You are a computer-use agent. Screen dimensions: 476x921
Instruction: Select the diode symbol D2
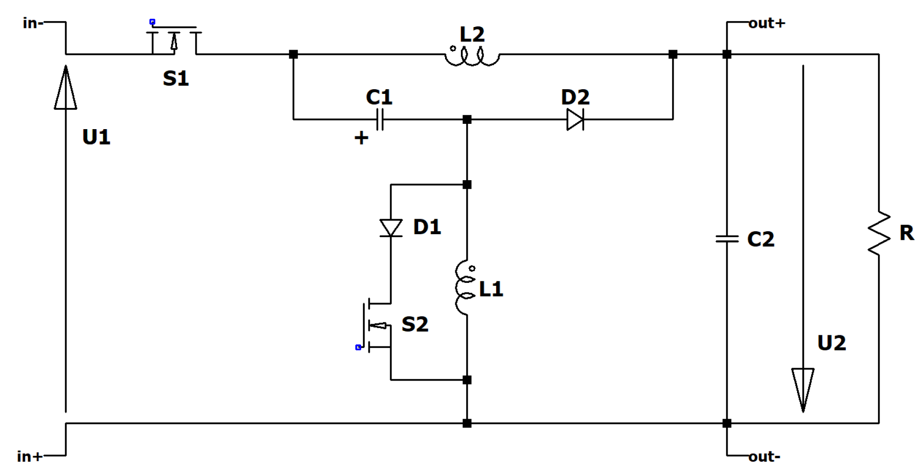[575, 119]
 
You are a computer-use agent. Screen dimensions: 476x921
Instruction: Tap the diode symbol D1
[391, 228]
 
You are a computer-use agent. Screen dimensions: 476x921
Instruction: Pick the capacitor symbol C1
[379, 119]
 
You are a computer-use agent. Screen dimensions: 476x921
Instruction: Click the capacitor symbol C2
[727, 238]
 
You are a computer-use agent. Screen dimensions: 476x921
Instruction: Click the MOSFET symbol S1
[174, 41]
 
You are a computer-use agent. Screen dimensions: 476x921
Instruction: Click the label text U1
[96, 137]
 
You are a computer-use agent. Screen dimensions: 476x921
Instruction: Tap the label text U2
[831, 343]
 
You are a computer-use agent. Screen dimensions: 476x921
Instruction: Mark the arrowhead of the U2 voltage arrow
[803, 388]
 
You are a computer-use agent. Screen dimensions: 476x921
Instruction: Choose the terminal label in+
[29, 456]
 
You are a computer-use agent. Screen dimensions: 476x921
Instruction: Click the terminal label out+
[767, 23]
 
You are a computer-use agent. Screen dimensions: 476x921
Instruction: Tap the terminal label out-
[764, 456]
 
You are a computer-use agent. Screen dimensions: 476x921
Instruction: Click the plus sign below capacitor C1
[361, 138]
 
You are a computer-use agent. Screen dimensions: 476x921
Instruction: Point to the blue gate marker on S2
[358, 347]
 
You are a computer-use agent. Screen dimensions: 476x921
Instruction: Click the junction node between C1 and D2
[467, 119]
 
